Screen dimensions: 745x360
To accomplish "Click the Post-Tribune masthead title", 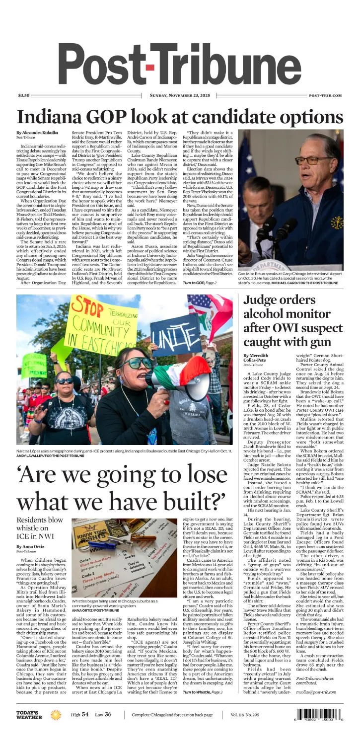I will pos(180,63).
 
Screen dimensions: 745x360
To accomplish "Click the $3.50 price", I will pos(24,95).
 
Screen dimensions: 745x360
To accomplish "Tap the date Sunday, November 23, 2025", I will pos(180,95).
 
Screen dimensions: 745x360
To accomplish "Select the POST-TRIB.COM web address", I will pos(325,95).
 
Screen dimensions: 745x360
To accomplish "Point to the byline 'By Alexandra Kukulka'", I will pos(37,133).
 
